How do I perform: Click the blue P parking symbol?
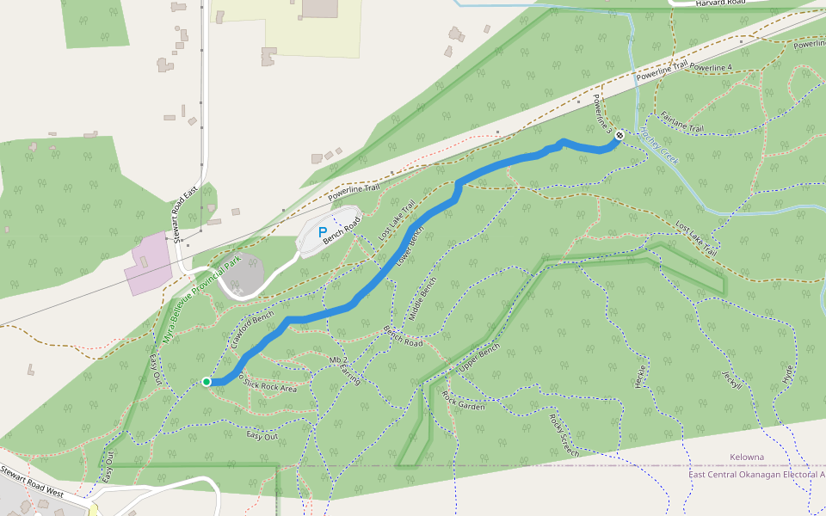323,232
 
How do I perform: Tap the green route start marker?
206,381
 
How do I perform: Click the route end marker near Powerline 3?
619,134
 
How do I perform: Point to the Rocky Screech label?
564,434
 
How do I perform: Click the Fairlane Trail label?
682,122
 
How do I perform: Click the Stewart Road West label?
32,482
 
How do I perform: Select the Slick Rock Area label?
270,384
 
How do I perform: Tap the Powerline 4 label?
711,67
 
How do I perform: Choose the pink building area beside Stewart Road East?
148,262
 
